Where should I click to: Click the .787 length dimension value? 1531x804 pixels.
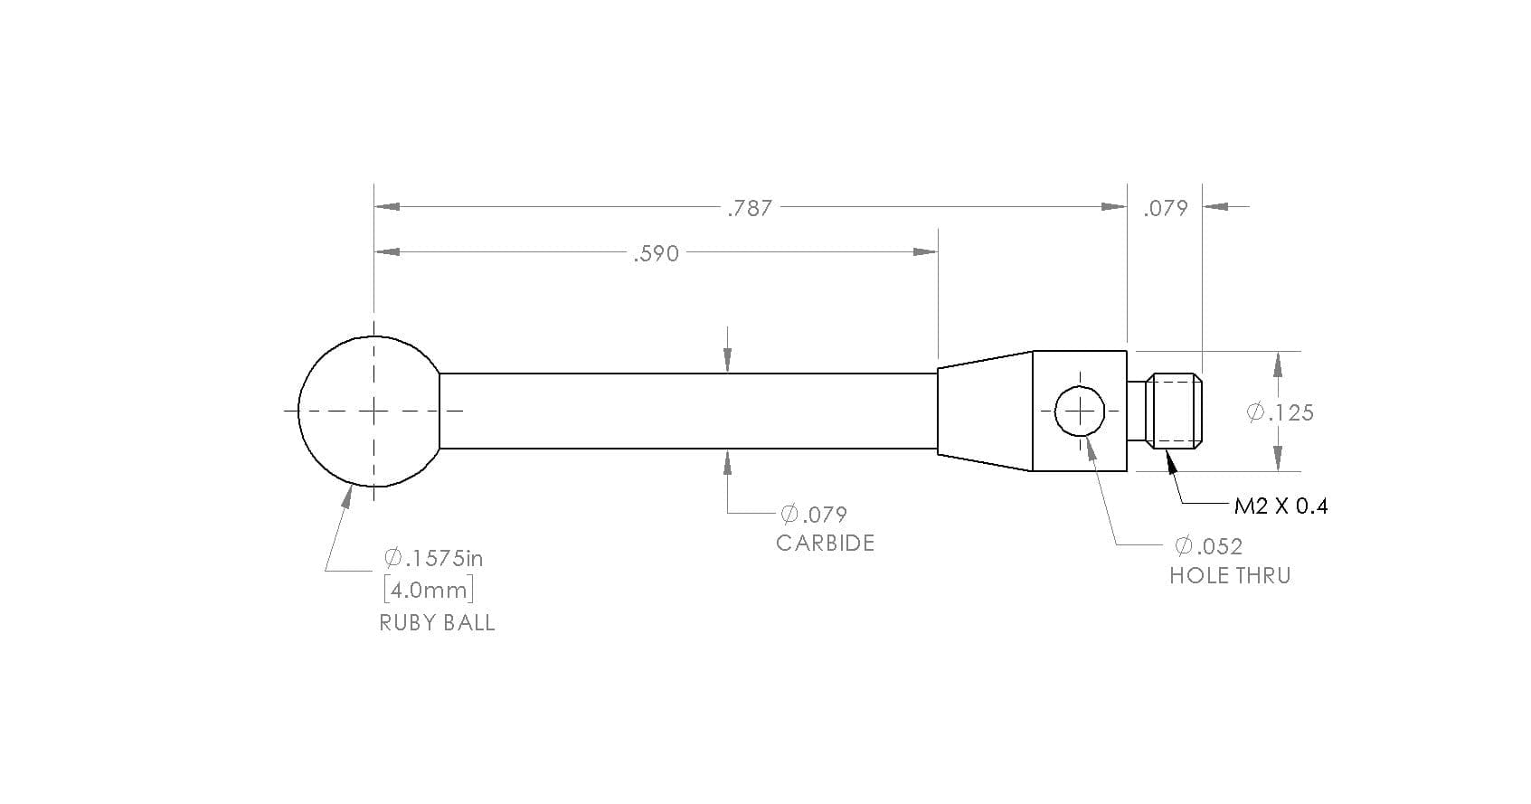(750, 208)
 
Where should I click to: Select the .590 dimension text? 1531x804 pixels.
(657, 253)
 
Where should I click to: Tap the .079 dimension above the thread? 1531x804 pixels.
(1166, 208)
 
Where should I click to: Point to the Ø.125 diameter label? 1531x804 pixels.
(1281, 412)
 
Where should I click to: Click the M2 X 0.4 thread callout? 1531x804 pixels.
(1281, 506)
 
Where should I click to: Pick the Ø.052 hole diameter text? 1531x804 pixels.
(1208, 545)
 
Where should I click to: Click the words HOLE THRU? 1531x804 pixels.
(1230, 576)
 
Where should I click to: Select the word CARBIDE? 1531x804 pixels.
(825, 543)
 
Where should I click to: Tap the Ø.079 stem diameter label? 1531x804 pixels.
(814, 514)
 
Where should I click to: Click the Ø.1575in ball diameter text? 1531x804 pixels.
(433, 558)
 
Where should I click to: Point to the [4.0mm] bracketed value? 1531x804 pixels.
(429, 590)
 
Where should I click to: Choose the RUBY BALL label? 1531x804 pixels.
(438, 622)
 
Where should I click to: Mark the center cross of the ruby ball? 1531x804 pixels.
(373, 411)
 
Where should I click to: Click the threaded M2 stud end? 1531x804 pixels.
(1174, 411)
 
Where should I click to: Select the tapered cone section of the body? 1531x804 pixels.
(985, 411)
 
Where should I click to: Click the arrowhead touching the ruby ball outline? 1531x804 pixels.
(346, 497)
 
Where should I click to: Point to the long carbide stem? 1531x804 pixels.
(687, 411)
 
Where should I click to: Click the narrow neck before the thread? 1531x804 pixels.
(1136, 411)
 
